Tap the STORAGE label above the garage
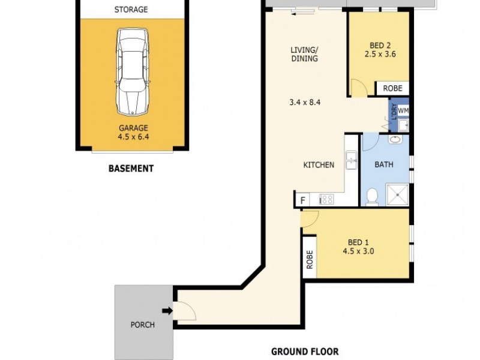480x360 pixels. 131,10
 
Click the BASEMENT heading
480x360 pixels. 131,169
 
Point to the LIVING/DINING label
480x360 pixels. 304,54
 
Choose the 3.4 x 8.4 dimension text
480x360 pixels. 304,102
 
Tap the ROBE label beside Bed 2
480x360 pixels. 392,88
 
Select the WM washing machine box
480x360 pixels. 403,110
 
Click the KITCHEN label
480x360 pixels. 318,165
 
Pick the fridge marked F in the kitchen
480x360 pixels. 302,200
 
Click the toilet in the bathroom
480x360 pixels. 372,196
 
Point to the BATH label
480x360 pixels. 384,164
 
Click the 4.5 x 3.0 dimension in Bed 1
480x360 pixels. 359,251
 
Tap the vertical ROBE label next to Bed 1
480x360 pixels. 310,259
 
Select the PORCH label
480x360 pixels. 143,325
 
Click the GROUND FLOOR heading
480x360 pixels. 305,352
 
